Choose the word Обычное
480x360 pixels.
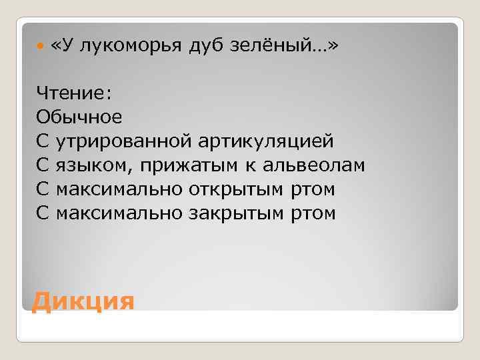(x=79, y=117)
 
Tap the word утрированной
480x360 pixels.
(x=124, y=141)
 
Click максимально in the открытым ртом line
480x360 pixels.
(x=113, y=189)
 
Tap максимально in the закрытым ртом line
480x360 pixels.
(x=113, y=213)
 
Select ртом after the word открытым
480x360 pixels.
(x=312, y=189)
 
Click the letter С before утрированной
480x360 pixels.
(x=43, y=141)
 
